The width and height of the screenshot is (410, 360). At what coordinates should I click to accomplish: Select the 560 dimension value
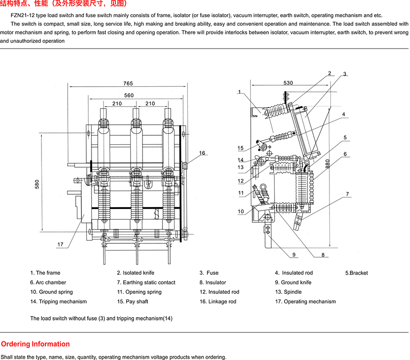click(x=129, y=95)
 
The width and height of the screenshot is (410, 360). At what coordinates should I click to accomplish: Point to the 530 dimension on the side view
click(x=288, y=83)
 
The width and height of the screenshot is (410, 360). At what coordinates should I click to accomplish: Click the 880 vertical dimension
click(x=328, y=163)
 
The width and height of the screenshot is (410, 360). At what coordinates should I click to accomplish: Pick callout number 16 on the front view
click(x=202, y=153)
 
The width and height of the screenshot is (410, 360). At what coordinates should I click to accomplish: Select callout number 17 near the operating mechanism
click(x=61, y=244)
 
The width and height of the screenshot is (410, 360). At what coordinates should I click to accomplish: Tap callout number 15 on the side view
click(x=241, y=148)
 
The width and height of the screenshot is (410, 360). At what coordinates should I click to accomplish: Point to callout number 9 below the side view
click(x=294, y=255)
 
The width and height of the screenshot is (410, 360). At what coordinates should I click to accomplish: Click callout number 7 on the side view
click(x=348, y=194)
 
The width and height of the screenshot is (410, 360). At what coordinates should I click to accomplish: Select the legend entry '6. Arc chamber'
click(x=48, y=282)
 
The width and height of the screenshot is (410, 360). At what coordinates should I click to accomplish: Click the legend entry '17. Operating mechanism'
click(x=305, y=301)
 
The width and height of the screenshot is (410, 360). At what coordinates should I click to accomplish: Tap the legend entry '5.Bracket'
click(x=357, y=273)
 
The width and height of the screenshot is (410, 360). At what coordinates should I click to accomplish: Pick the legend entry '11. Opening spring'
click(x=139, y=292)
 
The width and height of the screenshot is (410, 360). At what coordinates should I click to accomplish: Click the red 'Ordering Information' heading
click(x=35, y=344)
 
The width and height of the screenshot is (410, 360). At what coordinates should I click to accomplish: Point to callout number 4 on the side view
click(x=343, y=114)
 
